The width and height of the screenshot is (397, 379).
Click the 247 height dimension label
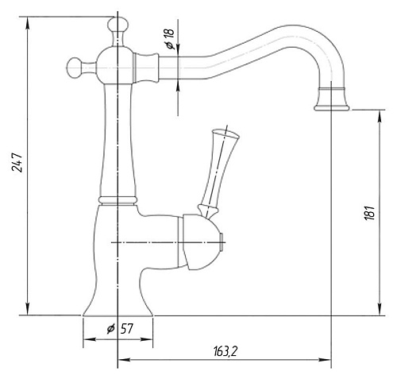tap(17, 162)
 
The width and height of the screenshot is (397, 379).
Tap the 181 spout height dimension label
tap(369, 212)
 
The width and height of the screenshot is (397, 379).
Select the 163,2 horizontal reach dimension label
tap(225, 351)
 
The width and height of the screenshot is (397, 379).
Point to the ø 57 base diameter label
tap(120, 329)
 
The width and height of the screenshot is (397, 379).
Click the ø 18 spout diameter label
tap(170, 39)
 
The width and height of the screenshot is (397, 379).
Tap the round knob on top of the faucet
tap(118, 25)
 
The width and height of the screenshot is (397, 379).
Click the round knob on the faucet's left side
tap(74, 68)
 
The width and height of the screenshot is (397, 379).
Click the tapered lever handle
tap(218, 172)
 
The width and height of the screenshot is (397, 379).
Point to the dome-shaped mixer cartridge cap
tap(200, 242)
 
